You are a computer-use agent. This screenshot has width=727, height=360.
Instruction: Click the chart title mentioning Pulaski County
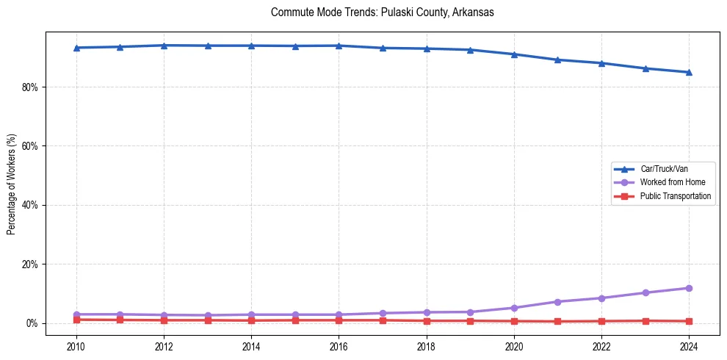click(x=382, y=12)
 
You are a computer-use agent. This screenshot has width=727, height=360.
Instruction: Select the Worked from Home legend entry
click(x=672, y=182)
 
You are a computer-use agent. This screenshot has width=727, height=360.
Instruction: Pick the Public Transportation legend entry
click(x=675, y=196)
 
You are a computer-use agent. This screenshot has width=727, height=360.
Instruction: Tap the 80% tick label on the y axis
click(x=30, y=87)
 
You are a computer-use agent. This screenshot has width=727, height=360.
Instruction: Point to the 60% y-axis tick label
click(x=30, y=146)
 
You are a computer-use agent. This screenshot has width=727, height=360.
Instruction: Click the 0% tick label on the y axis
click(x=32, y=323)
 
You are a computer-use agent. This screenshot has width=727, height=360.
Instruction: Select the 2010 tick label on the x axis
click(x=76, y=346)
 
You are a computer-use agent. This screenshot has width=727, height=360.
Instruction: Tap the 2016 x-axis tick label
click(x=339, y=346)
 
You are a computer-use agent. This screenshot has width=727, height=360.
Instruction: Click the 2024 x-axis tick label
click(x=689, y=346)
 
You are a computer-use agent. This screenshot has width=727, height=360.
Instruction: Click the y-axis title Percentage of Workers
click(x=12, y=184)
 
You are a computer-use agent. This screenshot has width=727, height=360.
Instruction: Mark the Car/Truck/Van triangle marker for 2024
click(x=689, y=72)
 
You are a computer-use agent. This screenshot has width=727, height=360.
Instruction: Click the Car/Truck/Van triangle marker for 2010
click(x=76, y=48)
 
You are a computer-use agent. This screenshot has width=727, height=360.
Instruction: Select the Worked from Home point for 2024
click(x=689, y=288)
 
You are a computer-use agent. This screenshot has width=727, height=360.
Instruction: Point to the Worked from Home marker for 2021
click(x=557, y=302)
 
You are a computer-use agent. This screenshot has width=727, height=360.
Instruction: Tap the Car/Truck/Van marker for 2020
click(x=514, y=54)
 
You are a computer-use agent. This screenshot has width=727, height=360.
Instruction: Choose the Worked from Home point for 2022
click(x=601, y=298)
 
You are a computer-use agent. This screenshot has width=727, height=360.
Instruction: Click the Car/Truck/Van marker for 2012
click(x=164, y=46)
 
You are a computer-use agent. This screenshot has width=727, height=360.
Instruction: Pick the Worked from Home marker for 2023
click(x=645, y=292)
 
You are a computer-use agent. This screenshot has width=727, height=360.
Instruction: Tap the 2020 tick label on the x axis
click(x=514, y=346)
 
